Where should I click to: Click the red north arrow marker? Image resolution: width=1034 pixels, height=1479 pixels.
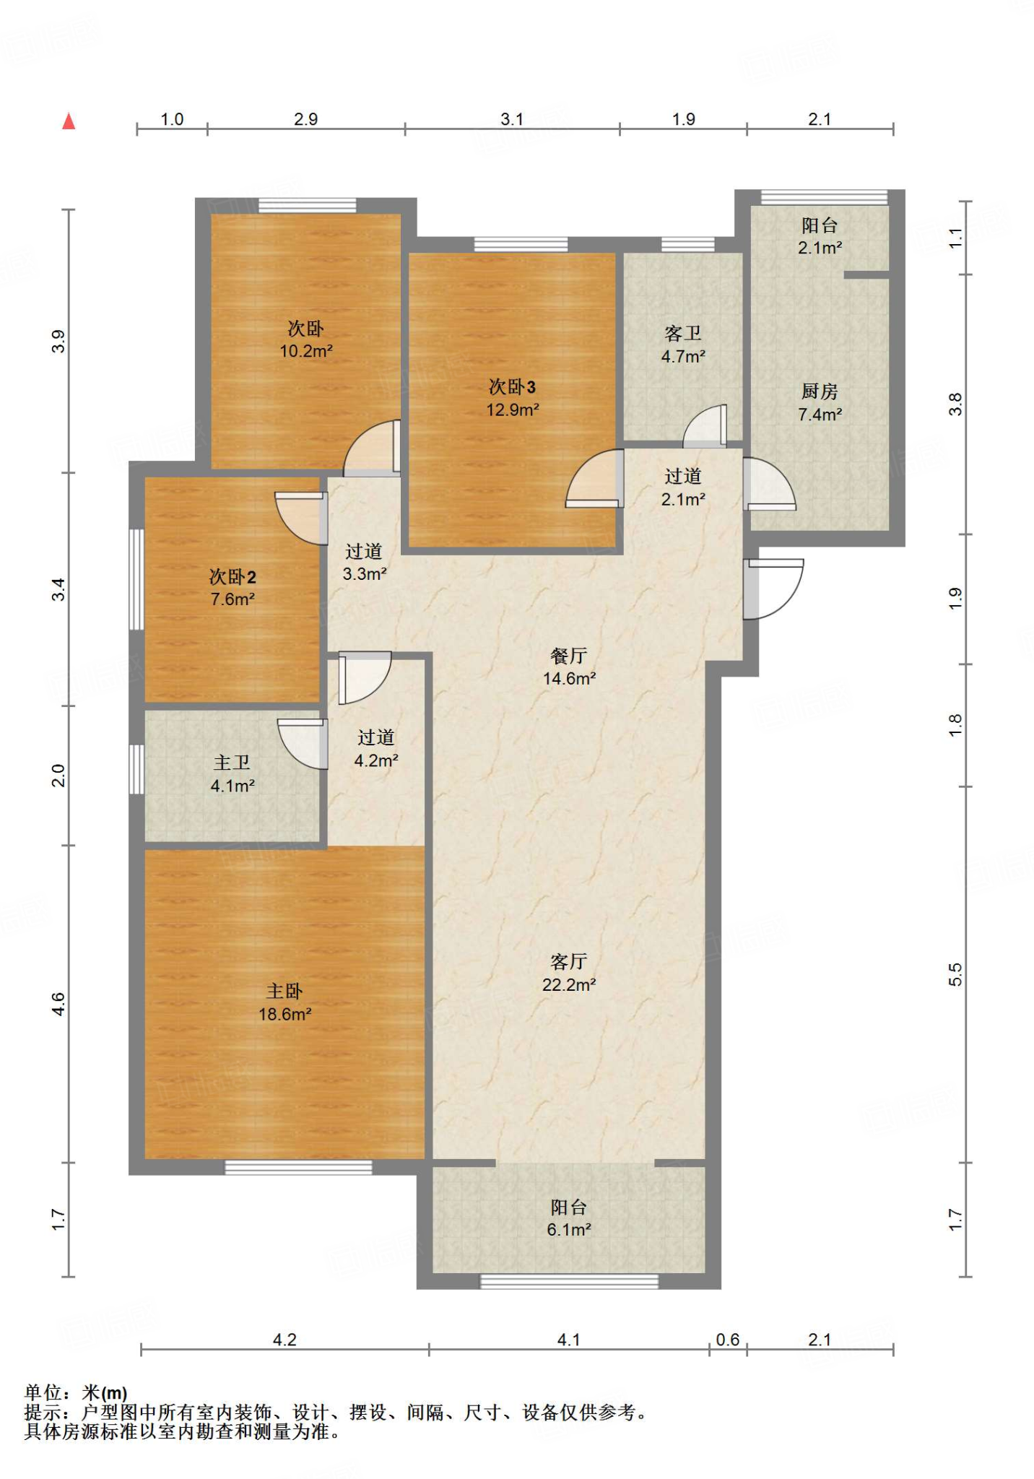tap(69, 121)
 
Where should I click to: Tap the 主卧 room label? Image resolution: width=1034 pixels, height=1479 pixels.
tap(284, 991)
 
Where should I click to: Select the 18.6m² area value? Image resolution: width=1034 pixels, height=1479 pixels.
tap(284, 1014)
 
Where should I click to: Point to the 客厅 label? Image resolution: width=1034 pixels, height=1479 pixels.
tap(568, 961)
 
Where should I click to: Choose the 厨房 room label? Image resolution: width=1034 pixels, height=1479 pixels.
tap(820, 391)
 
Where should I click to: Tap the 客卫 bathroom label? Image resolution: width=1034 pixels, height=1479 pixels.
tap(683, 333)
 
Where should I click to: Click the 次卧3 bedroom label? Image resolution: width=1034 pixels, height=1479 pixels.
tap(512, 387)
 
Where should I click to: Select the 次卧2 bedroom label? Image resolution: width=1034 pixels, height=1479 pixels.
tap(233, 576)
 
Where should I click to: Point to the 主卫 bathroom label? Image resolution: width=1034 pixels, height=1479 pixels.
tap(232, 763)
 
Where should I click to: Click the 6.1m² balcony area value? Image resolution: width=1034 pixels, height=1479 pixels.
tap(569, 1230)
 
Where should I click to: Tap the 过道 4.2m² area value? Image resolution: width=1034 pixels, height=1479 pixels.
tap(376, 760)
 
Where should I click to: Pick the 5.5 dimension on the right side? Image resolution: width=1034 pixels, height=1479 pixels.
tap(955, 974)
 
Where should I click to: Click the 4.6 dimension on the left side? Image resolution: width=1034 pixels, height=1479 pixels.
tap(58, 1004)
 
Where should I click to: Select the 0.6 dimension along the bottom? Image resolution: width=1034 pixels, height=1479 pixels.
tap(727, 1340)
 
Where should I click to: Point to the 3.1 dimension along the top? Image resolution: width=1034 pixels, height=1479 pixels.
tap(512, 119)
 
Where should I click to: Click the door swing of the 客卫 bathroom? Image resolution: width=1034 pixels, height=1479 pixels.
tap(704, 426)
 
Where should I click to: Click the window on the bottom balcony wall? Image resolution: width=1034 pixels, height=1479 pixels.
tap(570, 1281)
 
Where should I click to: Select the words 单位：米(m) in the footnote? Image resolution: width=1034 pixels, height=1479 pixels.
tap(76, 1392)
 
